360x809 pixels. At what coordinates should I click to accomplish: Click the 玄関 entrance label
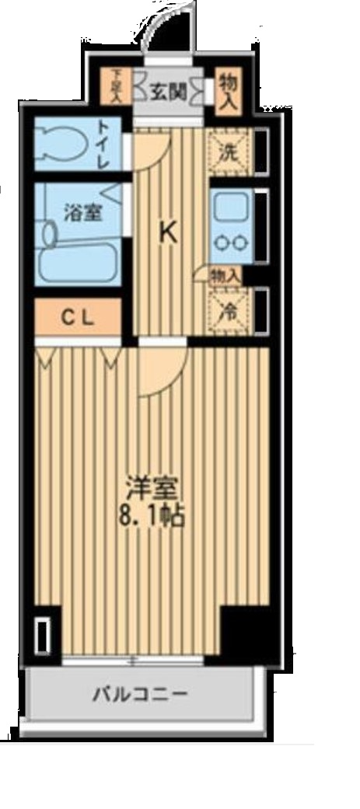pyautogui.click(x=168, y=91)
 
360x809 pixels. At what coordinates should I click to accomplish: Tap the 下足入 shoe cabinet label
pyautogui.click(x=117, y=85)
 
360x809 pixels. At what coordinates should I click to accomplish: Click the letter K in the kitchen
pyautogui.click(x=167, y=232)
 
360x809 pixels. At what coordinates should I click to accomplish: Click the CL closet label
pyautogui.click(x=78, y=316)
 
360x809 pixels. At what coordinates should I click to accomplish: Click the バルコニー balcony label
pyautogui.click(x=139, y=695)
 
